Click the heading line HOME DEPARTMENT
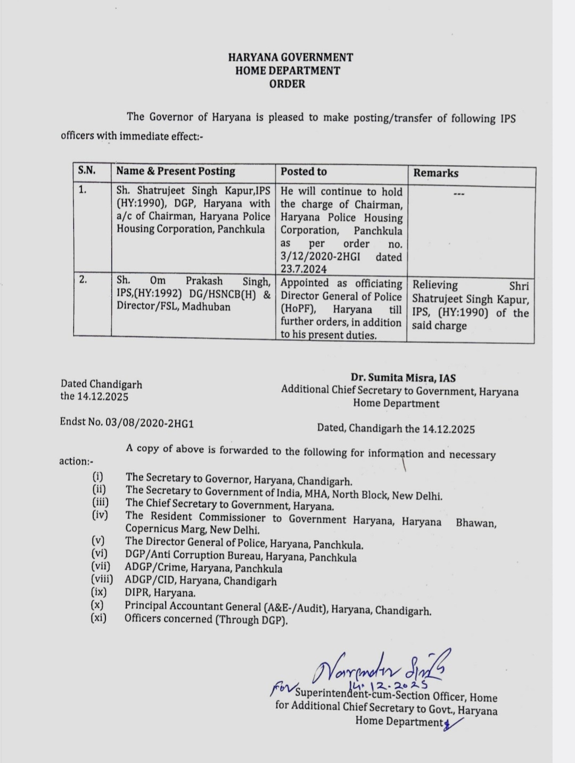tap(287, 70)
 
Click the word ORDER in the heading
tap(287, 84)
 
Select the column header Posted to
tap(303, 172)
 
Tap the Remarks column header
tap(436, 173)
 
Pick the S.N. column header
tap(87, 171)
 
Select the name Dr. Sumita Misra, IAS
tap(403, 378)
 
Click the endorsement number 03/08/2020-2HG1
tap(150, 423)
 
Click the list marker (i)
tap(97, 477)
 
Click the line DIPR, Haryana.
tap(160, 592)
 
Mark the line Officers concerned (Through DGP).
tap(206, 619)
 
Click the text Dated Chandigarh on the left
tap(101, 384)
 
